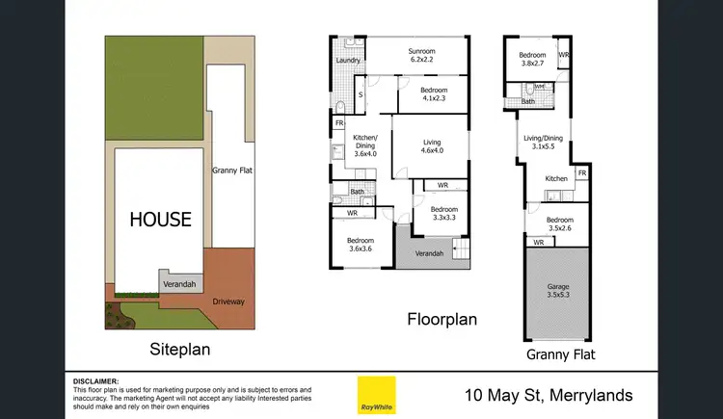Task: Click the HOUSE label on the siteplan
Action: click(x=159, y=219)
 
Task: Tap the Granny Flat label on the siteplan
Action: click(x=232, y=170)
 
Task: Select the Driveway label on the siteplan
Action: click(x=228, y=301)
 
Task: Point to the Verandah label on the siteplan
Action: click(x=179, y=284)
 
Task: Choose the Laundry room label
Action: click(x=348, y=61)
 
